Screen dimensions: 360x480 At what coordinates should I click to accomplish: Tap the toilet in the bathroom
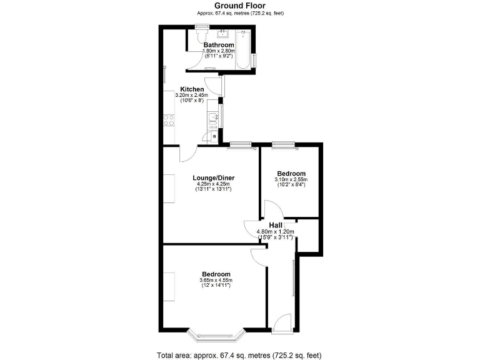(199, 37)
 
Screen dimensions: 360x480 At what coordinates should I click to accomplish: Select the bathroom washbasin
(222, 34)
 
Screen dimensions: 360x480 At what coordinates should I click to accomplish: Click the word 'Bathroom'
(218, 45)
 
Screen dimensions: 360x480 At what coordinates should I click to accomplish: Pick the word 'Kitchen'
(192, 89)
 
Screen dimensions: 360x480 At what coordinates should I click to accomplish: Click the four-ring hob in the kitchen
(169, 120)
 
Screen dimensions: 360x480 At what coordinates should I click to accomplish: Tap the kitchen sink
(212, 117)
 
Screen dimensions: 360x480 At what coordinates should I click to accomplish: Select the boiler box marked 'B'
(214, 136)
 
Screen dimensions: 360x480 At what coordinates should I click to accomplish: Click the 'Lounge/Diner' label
(213, 178)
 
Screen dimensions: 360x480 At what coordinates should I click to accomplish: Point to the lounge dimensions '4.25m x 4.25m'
(213, 184)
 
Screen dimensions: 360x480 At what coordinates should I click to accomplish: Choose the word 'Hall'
(275, 225)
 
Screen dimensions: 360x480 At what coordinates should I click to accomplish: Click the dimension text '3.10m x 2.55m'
(291, 179)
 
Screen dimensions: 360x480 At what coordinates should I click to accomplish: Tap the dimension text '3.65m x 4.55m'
(216, 280)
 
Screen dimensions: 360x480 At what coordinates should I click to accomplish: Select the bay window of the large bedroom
(216, 334)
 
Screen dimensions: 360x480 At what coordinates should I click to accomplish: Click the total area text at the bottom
(239, 355)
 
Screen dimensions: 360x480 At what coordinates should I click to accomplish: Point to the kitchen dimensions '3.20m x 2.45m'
(192, 95)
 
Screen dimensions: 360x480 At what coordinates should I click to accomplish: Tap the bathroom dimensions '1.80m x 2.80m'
(218, 51)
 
